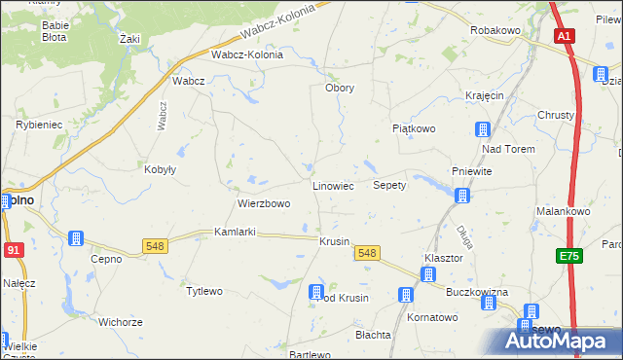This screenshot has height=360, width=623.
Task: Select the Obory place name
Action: tap(339, 88)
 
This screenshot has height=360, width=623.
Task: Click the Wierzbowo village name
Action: tap(264, 204)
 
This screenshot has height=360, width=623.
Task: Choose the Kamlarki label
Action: tap(235, 234)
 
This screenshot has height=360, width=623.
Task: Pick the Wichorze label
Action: tap(121, 322)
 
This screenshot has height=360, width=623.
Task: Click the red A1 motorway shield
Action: tap(565, 36)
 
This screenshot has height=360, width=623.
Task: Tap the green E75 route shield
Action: tap(569, 256)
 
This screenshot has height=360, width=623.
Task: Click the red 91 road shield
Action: tap(13, 250)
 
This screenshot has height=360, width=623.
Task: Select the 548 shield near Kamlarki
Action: tap(155, 247)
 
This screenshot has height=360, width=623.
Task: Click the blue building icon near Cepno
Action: tap(76, 239)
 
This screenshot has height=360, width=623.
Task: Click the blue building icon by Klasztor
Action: tap(427, 275)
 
